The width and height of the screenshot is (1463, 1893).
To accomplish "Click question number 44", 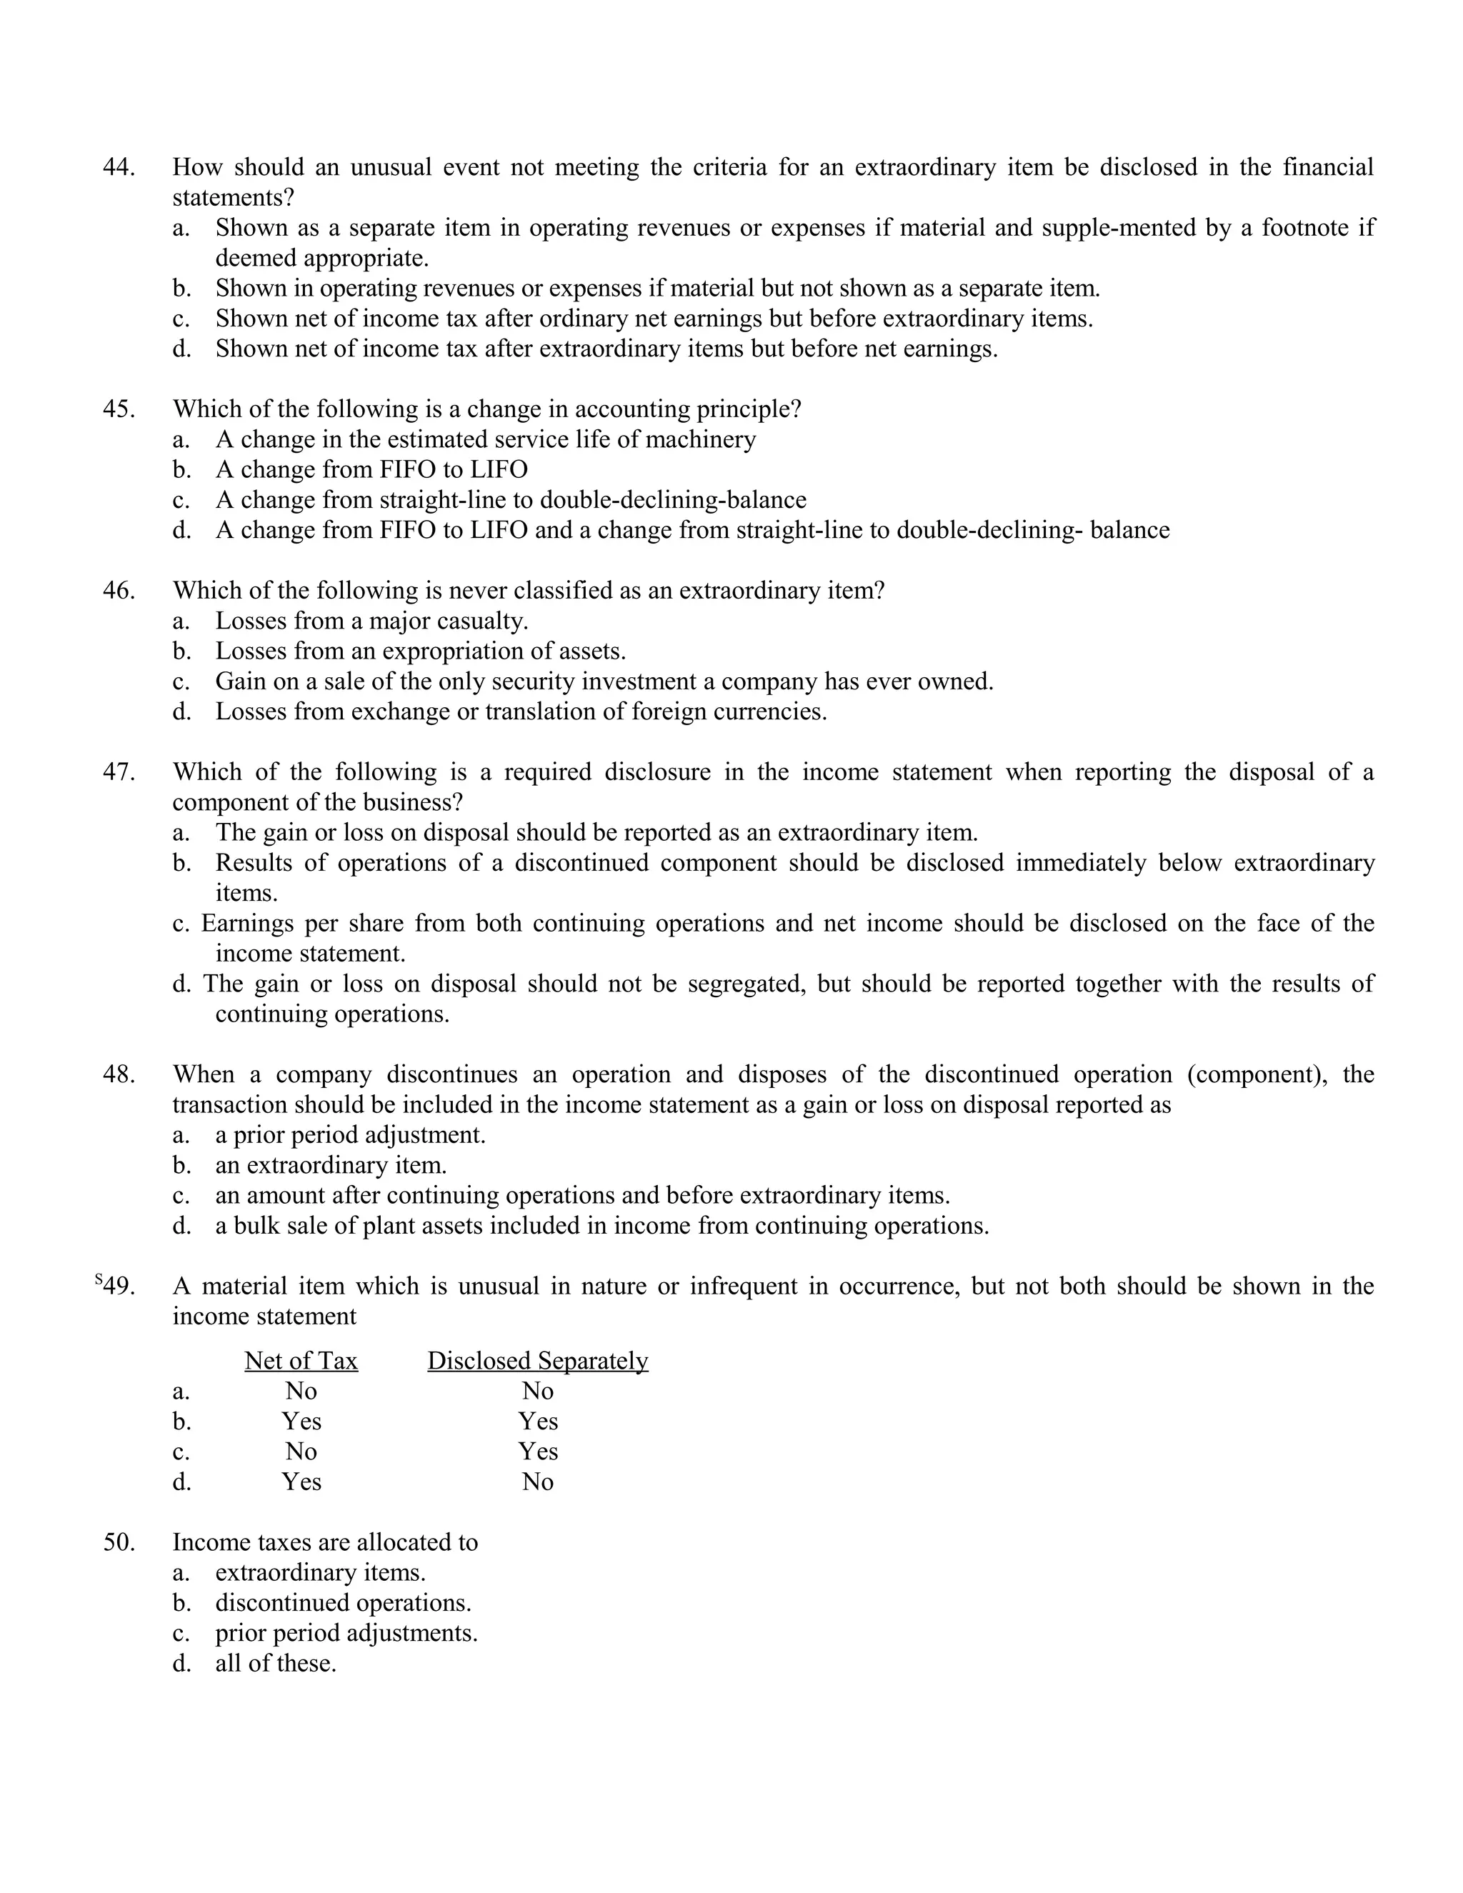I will pos(119,167).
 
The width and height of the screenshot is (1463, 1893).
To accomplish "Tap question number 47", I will pos(119,772).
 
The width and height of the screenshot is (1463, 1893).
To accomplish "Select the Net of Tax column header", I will pos(301,1361).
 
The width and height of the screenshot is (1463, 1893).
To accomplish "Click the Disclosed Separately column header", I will pos(537,1361).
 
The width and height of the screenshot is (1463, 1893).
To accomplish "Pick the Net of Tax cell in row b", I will pos(301,1422).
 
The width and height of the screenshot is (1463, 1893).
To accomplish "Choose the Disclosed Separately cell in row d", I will pos(537,1482).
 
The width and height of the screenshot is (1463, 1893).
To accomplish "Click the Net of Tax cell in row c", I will pos(301,1452).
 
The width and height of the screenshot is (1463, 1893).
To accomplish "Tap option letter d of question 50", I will pos(181,1663).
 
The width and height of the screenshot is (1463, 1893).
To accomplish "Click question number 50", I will pos(119,1543).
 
